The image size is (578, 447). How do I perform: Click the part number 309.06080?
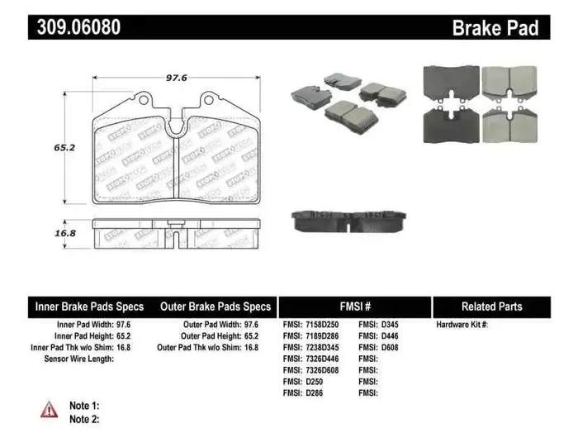pyautogui.click(x=79, y=27)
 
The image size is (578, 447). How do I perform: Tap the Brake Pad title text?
pyautogui.click(x=495, y=28)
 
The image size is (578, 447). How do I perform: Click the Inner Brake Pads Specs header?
pyautogui.click(x=89, y=307)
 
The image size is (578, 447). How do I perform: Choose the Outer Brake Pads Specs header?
pyautogui.click(x=216, y=307)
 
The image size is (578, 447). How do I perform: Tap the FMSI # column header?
pyautogui.click(x=356, y=307)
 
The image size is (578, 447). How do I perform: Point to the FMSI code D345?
pyautogui.click(x=390, y=325)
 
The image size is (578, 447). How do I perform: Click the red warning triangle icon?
pyautogui.click(x=50, y=409)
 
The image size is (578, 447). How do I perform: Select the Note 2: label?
pyautogui.click(x=84, y=420)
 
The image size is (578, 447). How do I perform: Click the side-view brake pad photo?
pyautogui.click(x=349, y=219)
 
